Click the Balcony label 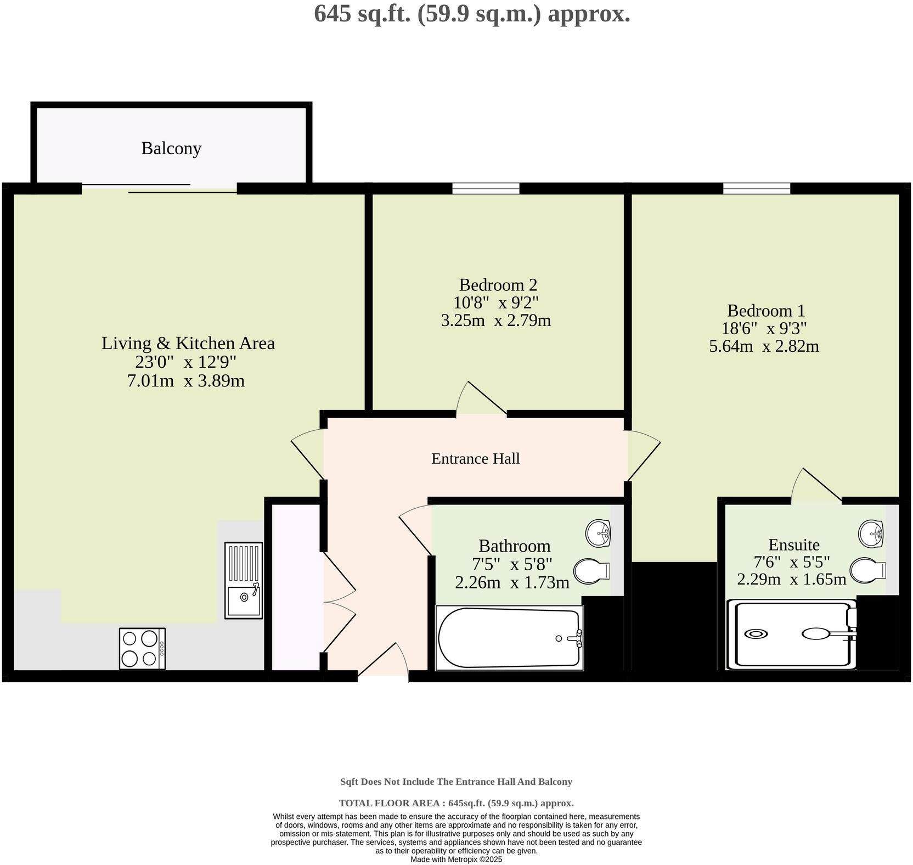pos(171,148)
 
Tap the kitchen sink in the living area pos(244,581)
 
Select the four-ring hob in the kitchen pos(142,649)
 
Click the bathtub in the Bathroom pos(509,638)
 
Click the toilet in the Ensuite pos(868,569)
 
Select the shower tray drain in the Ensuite pos(756,634)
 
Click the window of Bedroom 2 pos(486,188)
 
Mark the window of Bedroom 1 pos(757,188)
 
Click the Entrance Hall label pos(476,458)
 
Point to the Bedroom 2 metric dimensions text pos(496,321)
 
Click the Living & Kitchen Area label pos(188,343)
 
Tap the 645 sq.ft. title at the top pos(472,13)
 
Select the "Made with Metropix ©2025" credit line pos(456,860)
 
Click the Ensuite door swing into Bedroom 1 pos(816,485)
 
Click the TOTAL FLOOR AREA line pos(456,803)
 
